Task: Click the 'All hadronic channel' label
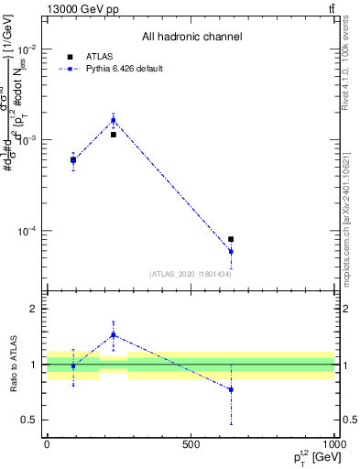coord(191,38)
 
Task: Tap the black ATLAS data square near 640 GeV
coord(231,239)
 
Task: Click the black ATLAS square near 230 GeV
coord(114,135)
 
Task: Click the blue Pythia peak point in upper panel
coord(114,120)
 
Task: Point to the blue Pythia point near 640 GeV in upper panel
coord(231,251)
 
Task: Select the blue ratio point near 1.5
coord(114,334)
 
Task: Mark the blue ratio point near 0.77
coord(231,389)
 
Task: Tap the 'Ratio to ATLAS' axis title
coord(12,365)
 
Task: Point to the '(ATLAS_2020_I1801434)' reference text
coord(191,274)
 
